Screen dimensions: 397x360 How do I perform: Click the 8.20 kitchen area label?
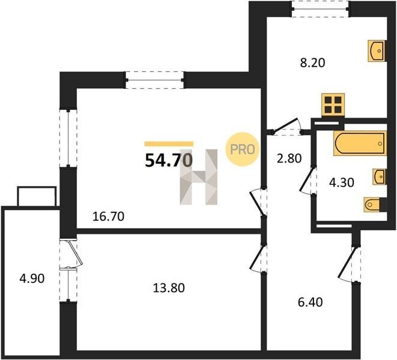click(312, 63)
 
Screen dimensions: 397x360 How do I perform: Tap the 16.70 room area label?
click(108, 217)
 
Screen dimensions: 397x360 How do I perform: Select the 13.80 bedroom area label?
click(169, 288)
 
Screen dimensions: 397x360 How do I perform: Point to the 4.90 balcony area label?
click(32, 278)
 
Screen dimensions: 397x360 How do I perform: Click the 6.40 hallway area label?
click(310, 302)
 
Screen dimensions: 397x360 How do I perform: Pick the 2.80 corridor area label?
click(289, 158)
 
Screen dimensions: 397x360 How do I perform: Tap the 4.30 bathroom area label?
click(341, 182)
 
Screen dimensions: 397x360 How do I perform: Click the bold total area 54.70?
click(169, 160)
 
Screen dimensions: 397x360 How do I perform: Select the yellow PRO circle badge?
click(242, 149)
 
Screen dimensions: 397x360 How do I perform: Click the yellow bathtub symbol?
click(360, 143)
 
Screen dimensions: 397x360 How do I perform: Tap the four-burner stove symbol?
click(333, 105)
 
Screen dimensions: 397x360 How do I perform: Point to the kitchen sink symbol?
click(376, 51)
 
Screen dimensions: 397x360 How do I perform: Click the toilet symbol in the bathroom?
click(375, 204)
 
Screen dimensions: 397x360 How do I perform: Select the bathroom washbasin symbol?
click(379, 176)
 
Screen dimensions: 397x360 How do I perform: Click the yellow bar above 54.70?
click(169, 144)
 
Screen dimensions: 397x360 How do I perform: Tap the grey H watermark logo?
click(199, 177)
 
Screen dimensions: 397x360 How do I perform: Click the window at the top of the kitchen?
click(320, 9)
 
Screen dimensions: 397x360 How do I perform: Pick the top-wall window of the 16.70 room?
click(155, 80)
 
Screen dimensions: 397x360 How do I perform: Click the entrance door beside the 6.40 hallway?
click(351, 263)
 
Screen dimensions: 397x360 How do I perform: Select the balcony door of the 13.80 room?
click(72, 253)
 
